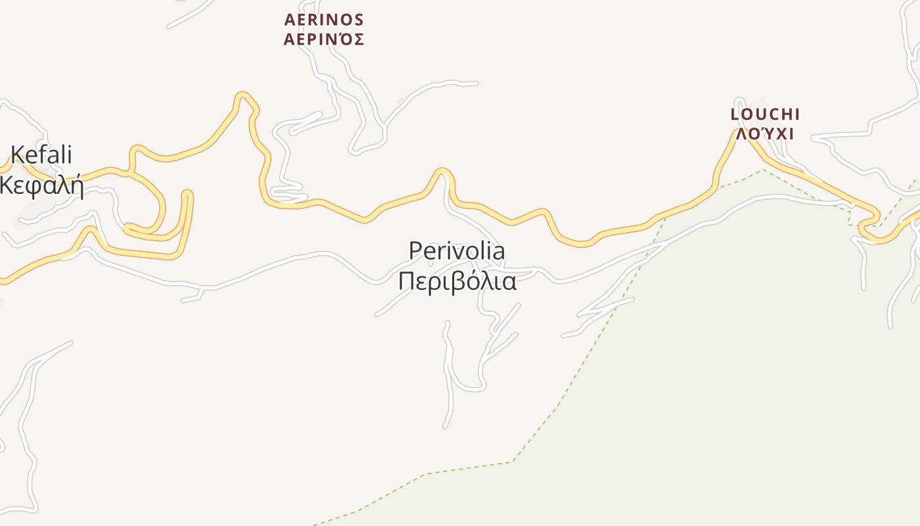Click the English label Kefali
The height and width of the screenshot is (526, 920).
(41, 156)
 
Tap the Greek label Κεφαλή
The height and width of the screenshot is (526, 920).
(42, 186)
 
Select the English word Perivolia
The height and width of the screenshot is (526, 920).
(457, 251)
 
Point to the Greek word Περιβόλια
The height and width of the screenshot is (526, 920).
(457, 281)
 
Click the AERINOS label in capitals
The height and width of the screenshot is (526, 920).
(324, 20)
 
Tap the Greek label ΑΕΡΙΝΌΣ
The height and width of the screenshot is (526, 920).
(324, 40)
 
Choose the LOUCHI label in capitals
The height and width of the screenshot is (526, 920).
(765, 114)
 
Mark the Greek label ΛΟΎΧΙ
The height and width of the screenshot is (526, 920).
(765, 134)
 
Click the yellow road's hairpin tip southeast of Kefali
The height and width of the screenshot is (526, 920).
(187, 194)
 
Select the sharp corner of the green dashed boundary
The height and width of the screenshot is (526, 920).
(513, 462)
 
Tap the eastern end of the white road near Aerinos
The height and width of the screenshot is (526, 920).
(477, 84)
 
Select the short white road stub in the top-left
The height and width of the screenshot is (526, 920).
(191, 16)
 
